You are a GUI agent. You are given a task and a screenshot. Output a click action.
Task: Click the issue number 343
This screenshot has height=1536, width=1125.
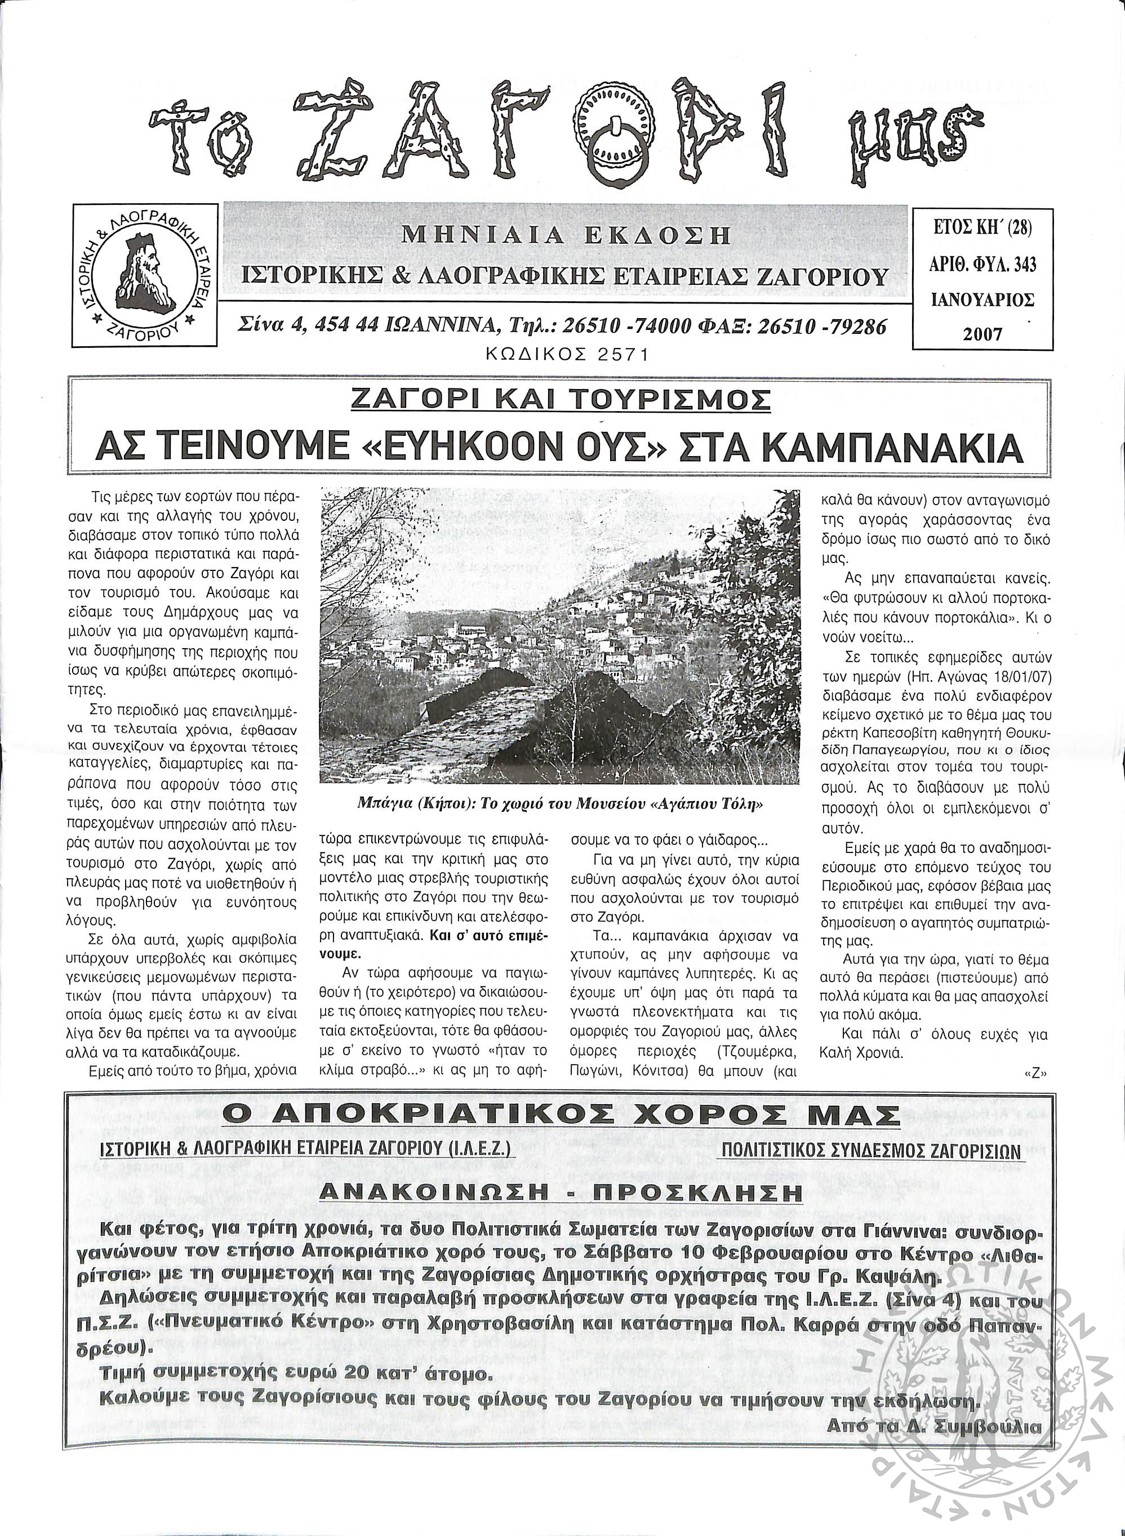pos(1022,264)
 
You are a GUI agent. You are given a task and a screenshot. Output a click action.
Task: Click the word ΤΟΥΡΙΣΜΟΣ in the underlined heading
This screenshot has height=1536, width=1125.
pos(682,399)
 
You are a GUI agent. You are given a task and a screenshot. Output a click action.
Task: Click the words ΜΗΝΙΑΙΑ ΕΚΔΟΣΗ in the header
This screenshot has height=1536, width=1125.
pos(567,235)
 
